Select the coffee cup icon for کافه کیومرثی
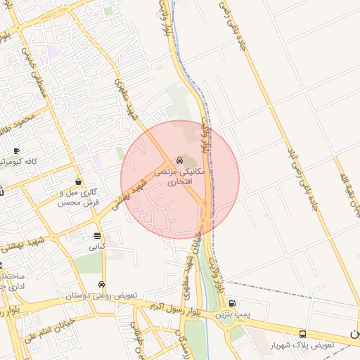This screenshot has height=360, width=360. [16, 151]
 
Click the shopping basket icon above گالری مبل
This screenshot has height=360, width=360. [77, 181]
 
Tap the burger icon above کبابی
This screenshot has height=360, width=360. [96, 236]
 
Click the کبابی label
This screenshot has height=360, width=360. [96, 247]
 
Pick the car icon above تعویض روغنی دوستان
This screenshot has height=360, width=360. [102, 285]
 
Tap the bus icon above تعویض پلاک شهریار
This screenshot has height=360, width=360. [302, 335]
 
